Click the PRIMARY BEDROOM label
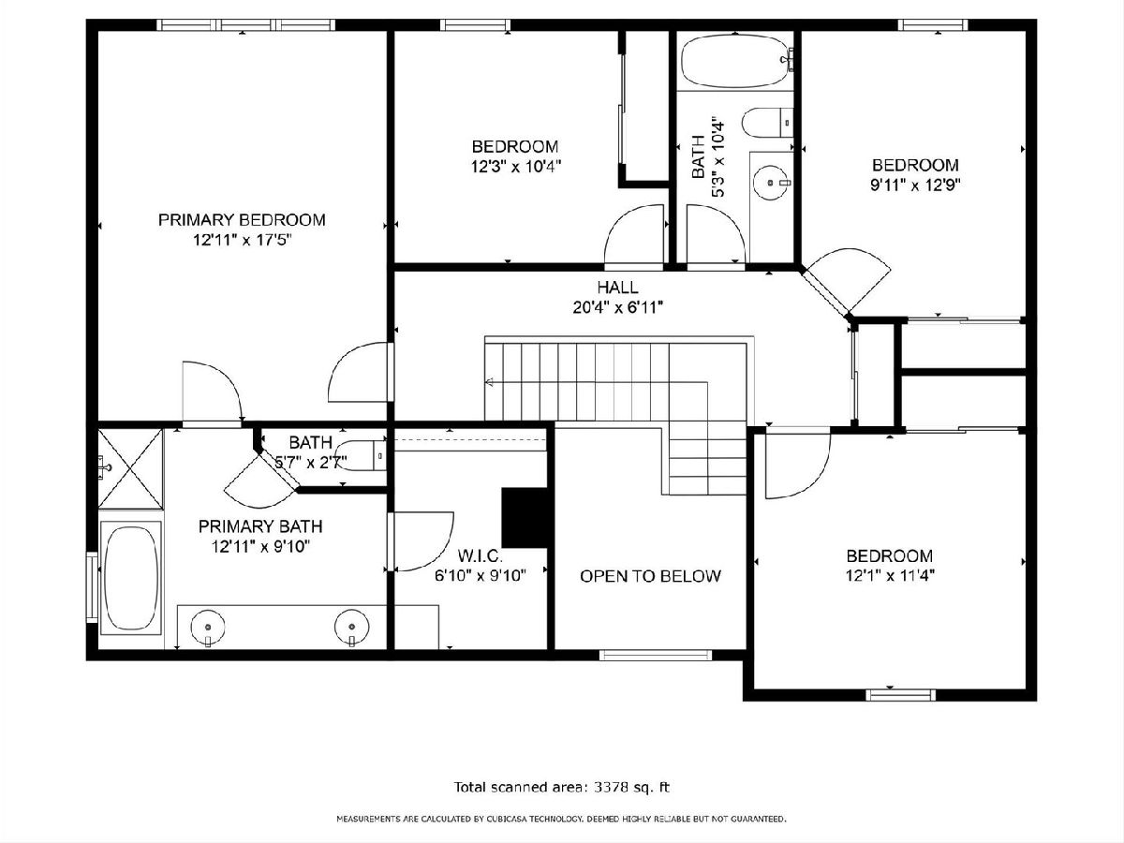[x=242, y=220]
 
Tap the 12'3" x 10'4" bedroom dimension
[x=516, y=167]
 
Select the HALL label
[x=617, y=288]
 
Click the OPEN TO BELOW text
[x=650, y=576]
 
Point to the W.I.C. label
[x=480, y=555]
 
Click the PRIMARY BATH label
[x=260, y=526]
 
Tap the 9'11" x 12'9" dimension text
[x=915, y=185]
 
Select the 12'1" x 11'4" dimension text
[x=890, y=576]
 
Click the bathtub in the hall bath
[x=736, y=60]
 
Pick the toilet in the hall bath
[x=767, y=123]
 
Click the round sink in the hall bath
[x=771, y=183]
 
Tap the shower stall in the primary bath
[x=130, y=469]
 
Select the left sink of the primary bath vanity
[x=208, y=627]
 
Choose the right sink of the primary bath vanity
[x=352, y=627]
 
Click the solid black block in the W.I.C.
[x=525, y=518]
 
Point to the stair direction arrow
[x=489, y=381]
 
